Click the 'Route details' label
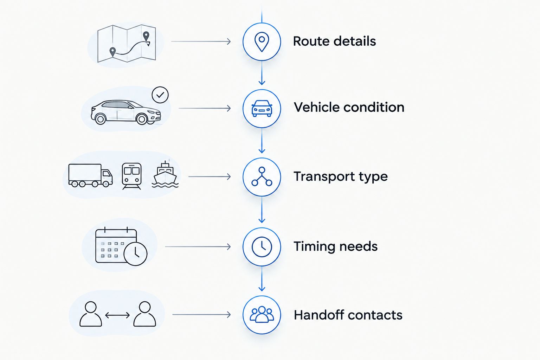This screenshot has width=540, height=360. (334, 41)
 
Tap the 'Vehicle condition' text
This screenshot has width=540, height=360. (349, 107)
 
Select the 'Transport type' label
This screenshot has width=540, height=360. (341, 177)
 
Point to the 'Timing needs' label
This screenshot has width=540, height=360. (336, 246)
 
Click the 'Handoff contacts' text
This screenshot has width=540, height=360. (348, 315)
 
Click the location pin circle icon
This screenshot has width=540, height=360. (262, 42)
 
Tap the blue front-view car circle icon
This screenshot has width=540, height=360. (262, 109)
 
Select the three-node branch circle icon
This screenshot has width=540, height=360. (262, 177)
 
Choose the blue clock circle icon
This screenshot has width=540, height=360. (262, 247)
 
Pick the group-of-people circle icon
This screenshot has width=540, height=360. (262, 315)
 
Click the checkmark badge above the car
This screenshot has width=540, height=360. (160, 95)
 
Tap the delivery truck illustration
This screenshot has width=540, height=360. (90, 175)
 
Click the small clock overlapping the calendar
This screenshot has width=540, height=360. (135, 254)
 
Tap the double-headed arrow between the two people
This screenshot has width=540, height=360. (117, 315)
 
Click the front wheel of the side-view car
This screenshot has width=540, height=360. (142, 119)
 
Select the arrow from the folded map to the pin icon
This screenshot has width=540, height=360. (201, 41)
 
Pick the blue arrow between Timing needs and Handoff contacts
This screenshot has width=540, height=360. (262, 278)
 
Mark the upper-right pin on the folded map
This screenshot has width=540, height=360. (146, 37)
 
